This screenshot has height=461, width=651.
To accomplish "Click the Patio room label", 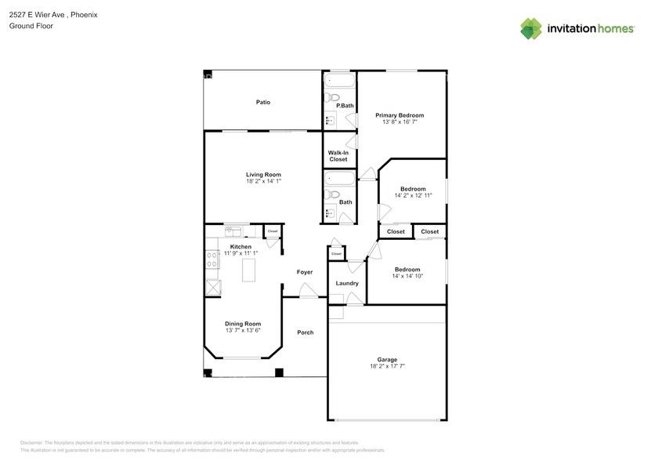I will coord(262,102).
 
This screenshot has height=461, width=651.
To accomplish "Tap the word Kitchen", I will coord(241,247).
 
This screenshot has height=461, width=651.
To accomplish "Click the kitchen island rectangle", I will coord(250,270).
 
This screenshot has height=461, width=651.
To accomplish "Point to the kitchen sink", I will coord(233,230).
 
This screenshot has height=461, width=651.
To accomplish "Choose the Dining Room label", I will coord(242,324).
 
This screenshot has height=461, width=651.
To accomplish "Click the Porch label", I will coord(306,332).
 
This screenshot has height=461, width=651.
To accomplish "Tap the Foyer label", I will coord(305,272).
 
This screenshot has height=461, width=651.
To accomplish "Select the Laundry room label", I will coord(347,283).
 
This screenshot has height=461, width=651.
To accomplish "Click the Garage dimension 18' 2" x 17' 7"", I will coord(387,366).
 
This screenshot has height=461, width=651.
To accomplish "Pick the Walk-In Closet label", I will coord(338,156).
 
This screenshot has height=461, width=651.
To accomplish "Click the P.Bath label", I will coord(345,105).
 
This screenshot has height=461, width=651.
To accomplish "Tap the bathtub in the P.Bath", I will coord(340,80).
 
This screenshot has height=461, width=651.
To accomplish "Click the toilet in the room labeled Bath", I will coord(333,194).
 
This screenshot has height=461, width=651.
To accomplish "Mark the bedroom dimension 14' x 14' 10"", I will coord(407,276).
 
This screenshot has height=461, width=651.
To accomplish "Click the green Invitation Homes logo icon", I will coord(531,28).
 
